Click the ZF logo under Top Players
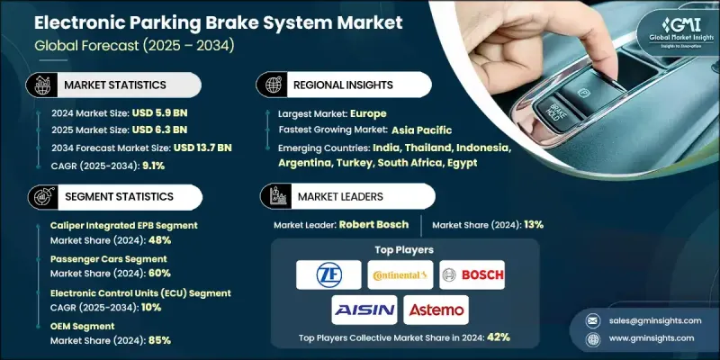(x=328, y=274)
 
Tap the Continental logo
(x=400, y=274)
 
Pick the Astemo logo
(x=436, y=310)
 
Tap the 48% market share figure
(x=159, y=240)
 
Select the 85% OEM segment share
(x=159, y=340)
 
